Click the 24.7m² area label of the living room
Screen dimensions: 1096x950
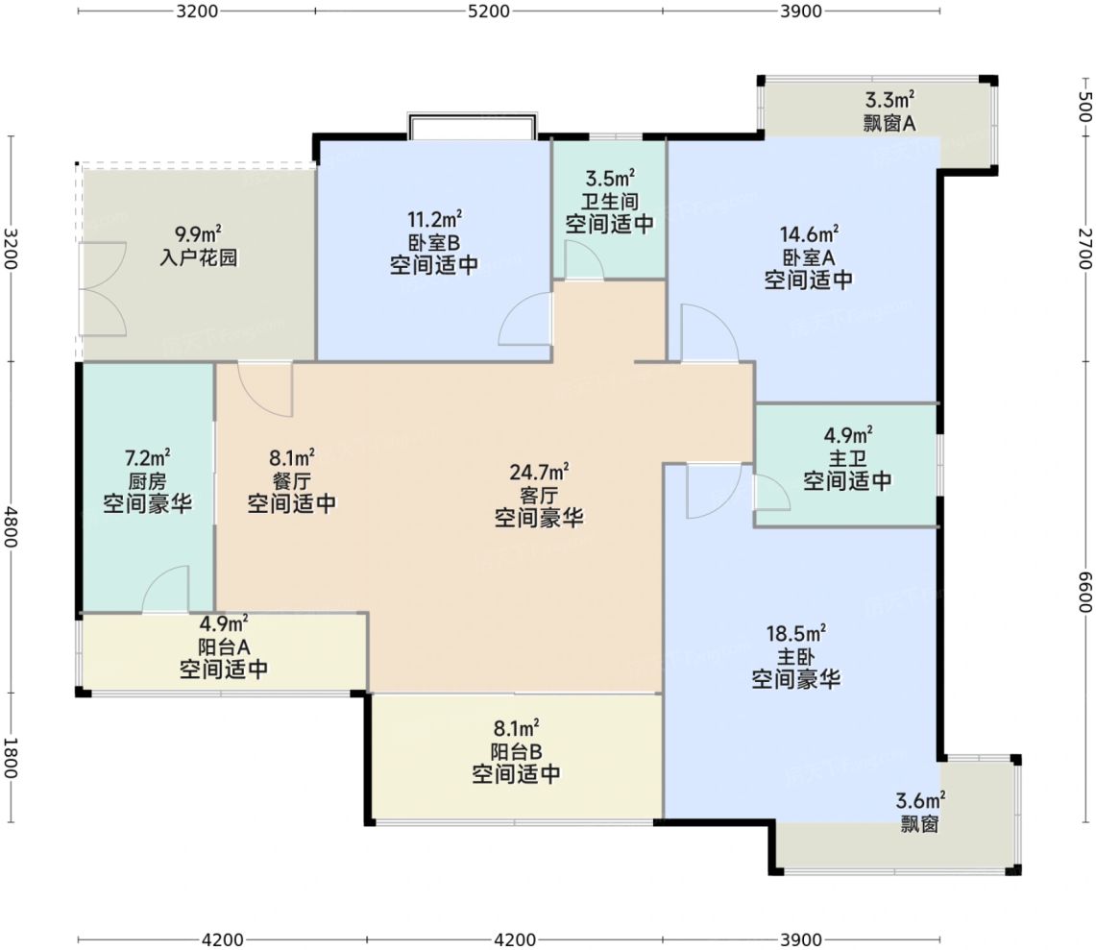pos(539,473)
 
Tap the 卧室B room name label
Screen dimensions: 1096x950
pos(434,243)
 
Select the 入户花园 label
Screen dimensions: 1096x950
pos(199,256)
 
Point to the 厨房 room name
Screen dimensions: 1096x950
pos(148,481)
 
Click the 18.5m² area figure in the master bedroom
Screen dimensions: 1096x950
pos(796,633)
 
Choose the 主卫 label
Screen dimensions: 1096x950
pos(847,458)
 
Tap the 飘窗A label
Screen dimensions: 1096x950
pos(889,123)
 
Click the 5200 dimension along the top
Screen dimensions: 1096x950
pos(488,12)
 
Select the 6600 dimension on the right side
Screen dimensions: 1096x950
pos(1084,592)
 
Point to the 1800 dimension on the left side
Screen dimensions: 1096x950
pos(10,758)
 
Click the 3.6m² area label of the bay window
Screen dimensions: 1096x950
pos(921,800)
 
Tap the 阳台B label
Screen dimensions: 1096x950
pos(516,751)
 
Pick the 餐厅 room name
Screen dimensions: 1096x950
pos(291,481)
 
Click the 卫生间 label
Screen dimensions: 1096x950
pos(610,202)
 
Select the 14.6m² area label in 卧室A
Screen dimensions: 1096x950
pos(810,233)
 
